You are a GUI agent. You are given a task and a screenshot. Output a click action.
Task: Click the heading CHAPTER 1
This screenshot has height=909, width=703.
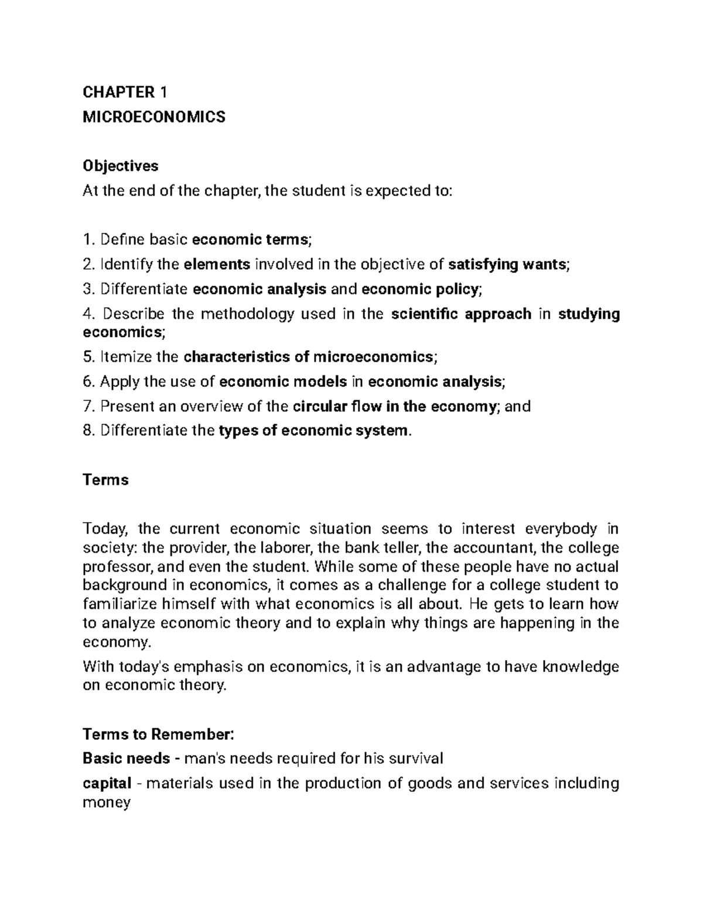[x=125, y=92]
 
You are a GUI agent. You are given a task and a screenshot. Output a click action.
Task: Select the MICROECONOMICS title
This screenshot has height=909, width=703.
[x=153, y=117]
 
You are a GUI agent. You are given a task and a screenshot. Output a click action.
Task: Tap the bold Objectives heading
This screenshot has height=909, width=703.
[x=120, y=166]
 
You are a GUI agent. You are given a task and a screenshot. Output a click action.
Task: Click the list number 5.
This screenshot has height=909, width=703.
[x=88, y=356]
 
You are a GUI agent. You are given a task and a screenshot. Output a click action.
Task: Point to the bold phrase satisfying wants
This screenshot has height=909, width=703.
[x=507, y=265]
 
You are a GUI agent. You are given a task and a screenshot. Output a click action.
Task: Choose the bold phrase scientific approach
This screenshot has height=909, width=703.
[x=460, y=314]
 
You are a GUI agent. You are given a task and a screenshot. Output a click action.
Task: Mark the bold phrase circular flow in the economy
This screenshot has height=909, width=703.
[x=394, y=406]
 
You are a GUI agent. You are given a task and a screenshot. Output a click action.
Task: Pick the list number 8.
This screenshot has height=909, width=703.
[x=88, y=431]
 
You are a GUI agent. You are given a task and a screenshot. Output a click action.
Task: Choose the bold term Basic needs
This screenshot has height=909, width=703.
[x=126, y=759]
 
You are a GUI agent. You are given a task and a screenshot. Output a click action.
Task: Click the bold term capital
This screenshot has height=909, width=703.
[x=107, y=784]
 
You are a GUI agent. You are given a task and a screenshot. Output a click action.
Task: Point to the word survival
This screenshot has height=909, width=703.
[x=413, y=759]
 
